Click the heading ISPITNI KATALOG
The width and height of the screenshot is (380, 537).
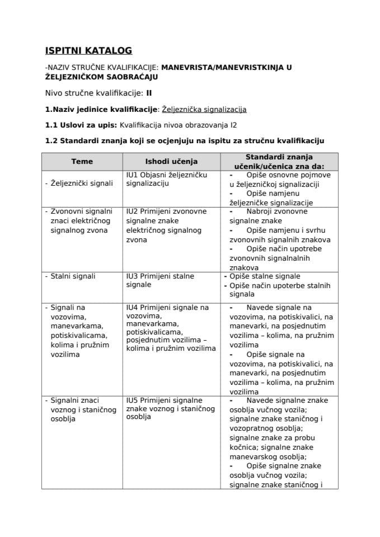click(x=88, y=51)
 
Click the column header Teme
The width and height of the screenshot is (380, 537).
click(x=82, y=162)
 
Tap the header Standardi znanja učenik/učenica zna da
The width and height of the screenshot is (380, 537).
click(x=279, y=162)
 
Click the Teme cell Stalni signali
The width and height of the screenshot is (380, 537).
click(x=73, y=276)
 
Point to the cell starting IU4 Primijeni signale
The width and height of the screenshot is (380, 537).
click(x=171, y=328)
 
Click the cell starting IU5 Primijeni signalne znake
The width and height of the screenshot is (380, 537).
click(x=171, y=408)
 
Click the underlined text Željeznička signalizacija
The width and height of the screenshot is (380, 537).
click(x=204, y=110)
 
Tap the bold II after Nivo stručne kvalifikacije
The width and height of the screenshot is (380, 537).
click(x=149, y=93)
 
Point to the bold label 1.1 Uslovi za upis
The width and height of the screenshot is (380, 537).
click(x=81, y=125)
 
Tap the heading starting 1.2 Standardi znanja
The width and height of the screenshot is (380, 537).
click(x=184, y=140)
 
